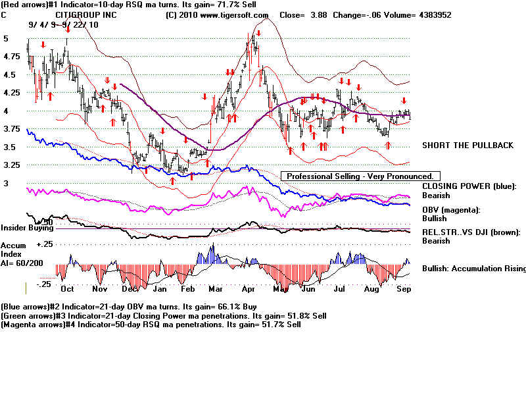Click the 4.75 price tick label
click(x=11, y=57)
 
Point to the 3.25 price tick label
click(x=11, y=165)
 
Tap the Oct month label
click(x=66, y=288)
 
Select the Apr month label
click(x=249, y=288)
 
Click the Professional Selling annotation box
click(x=360, y=176)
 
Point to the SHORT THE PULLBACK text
click(x=467, y=145)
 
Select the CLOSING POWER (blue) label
click(x=469, y=186)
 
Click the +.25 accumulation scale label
click(x=44, y=244)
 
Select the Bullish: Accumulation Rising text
click(x=473, y=269)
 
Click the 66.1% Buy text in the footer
click(x=233, y=307)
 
